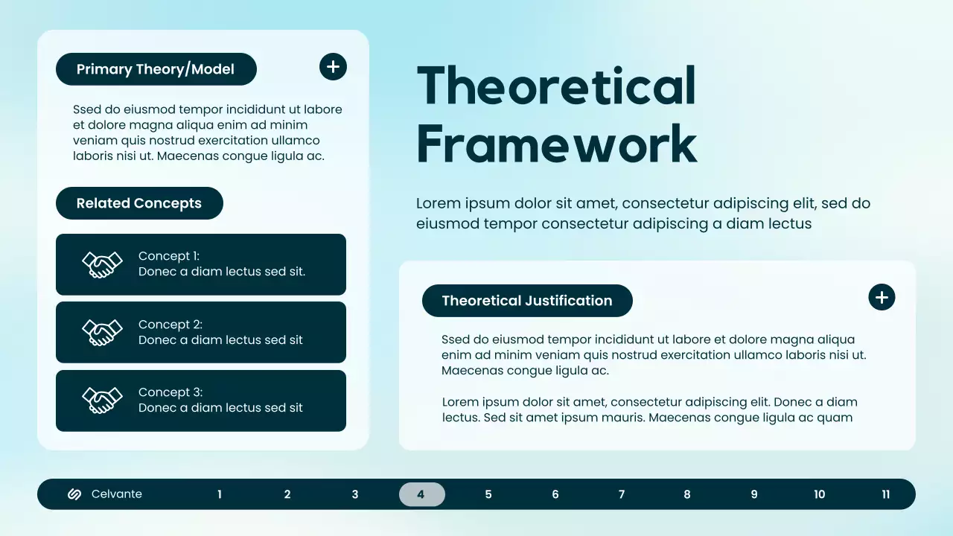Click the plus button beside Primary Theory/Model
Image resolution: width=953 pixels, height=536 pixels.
point(333,67)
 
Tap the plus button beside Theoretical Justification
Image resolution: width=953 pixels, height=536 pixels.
point(882,298)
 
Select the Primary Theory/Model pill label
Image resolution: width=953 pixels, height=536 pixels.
point(156,69)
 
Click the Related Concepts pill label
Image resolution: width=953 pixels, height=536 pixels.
point(139,203)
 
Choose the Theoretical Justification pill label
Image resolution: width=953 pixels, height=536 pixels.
point(527,301)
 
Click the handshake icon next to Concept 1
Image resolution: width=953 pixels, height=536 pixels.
point(102,264)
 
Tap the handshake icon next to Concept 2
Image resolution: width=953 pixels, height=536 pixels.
point(102,332)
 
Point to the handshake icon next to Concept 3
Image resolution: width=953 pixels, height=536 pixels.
point(102,401)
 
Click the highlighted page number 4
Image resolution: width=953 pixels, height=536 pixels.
point(421,494)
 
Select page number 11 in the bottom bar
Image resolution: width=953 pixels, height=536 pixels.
point(886,494)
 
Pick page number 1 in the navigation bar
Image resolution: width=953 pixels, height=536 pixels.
point(220,494)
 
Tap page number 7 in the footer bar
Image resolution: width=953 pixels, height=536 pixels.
point(622,494)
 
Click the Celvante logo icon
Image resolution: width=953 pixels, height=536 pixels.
point(74,494)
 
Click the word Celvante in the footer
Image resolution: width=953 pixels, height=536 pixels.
point(117,494)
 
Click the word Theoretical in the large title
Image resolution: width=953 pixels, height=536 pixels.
point(556,86)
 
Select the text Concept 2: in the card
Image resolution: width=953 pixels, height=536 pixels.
point(170,325)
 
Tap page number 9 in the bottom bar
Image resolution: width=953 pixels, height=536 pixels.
point(754,494)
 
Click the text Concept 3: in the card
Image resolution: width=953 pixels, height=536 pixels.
point(170,392)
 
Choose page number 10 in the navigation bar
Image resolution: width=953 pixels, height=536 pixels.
point(820,494)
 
